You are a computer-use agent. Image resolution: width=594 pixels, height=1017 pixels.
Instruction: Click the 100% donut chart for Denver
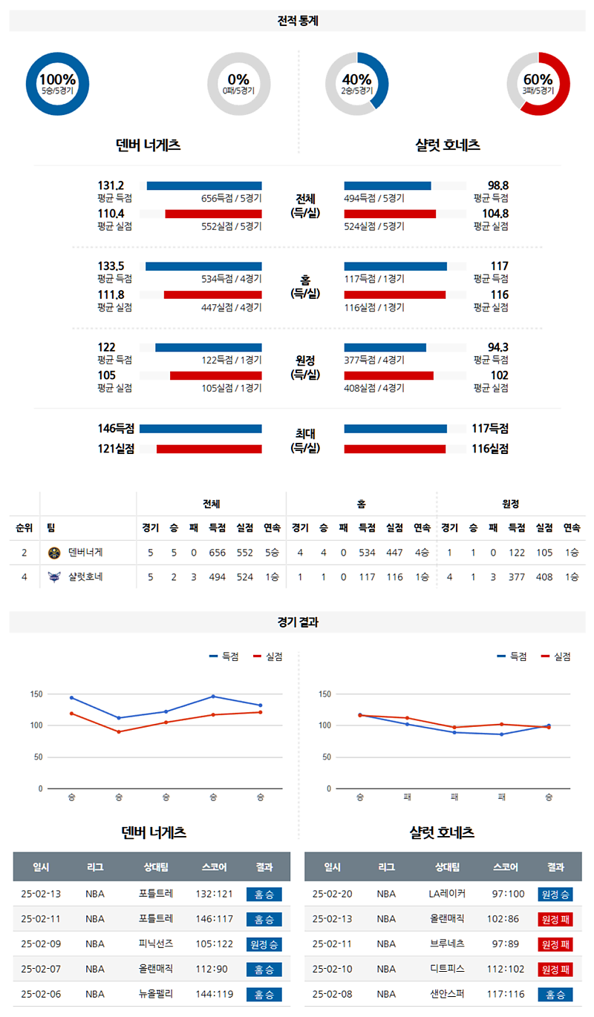[x=57, y=84]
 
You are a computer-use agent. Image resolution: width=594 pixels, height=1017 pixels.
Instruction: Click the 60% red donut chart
[x=538, y=84]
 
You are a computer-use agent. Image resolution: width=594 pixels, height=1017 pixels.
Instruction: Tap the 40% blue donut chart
[x=356, y=84]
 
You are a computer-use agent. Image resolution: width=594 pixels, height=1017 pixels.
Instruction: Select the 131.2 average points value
[x=111, y=185]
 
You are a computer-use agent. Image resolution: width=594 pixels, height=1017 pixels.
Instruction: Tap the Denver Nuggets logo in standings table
[x=53, y=553]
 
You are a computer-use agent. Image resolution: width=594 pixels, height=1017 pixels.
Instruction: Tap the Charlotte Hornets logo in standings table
[x=53, y=576]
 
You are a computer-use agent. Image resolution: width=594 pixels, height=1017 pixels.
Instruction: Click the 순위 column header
[x=24, y=528]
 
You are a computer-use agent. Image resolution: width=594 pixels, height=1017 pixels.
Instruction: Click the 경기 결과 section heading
[x=297, y=623]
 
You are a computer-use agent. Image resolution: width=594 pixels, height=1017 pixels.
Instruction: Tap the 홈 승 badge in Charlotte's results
[x=555, y=995]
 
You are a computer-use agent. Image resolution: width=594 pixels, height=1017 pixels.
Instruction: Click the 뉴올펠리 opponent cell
[x=156, y=995]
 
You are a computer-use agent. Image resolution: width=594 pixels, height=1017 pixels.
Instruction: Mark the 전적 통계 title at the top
[x=297, y=22]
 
